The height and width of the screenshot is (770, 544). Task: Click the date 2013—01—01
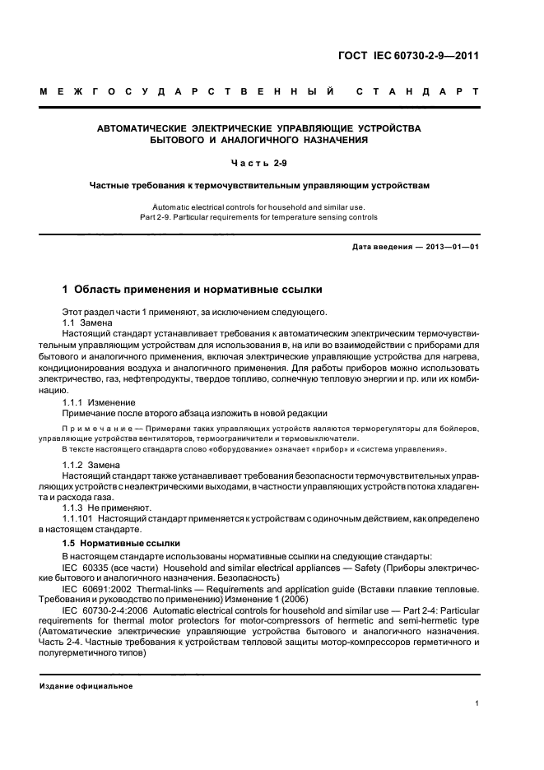[449, 247]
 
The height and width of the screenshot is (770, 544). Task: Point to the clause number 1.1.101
[80, 520]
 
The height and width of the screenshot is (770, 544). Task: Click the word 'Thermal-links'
[193, 590]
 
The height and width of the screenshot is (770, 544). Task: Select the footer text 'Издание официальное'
[86, 686]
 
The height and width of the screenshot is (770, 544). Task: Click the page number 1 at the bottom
[477, 703]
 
